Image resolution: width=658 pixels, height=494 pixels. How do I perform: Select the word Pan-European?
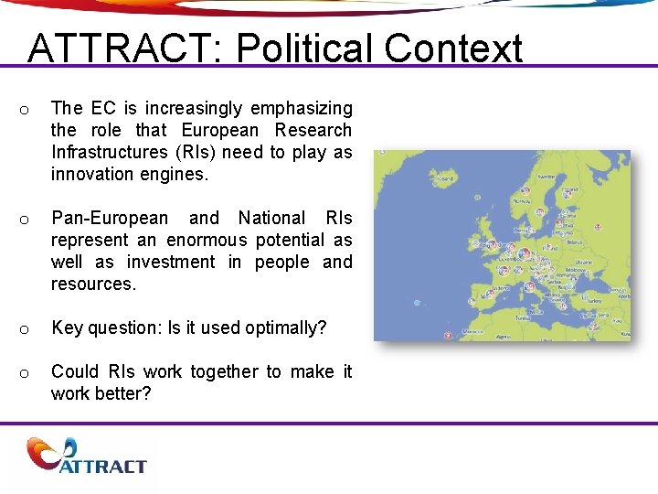pos(110,219)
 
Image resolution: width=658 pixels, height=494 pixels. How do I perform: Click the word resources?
pos(92,285)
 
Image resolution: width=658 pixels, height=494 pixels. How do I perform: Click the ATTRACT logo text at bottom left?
pos(102,466)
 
